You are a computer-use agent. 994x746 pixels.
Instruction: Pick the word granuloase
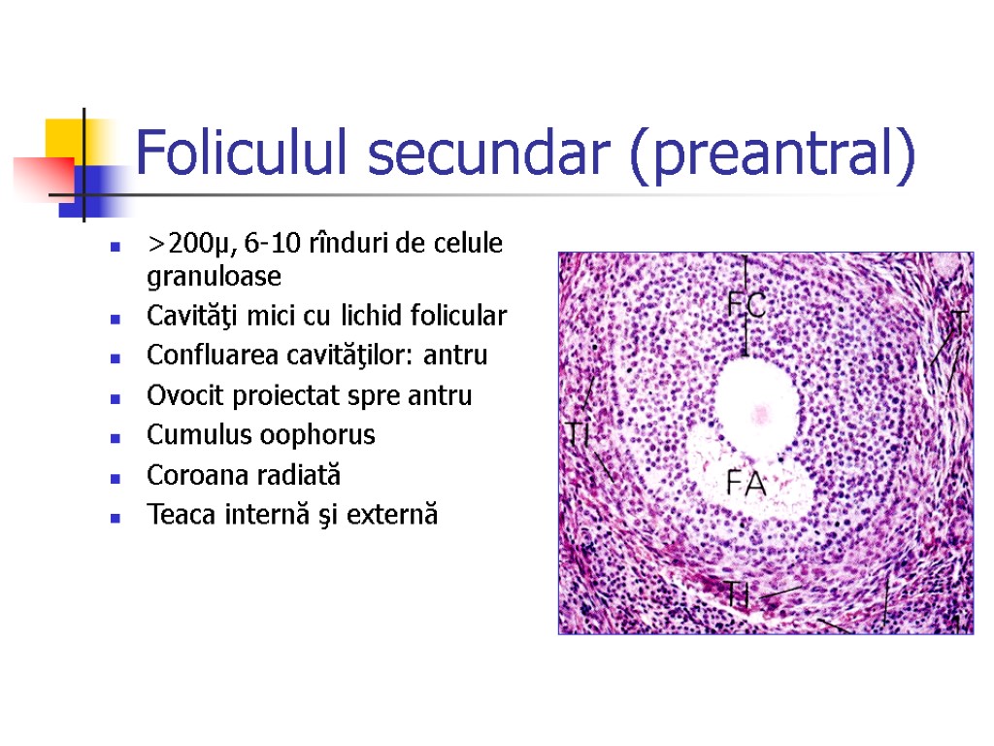[x=214, y=278]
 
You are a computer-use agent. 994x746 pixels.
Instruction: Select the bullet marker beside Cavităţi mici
[x=116, y=319]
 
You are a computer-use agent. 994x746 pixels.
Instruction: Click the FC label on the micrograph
[x=746, y=306]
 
